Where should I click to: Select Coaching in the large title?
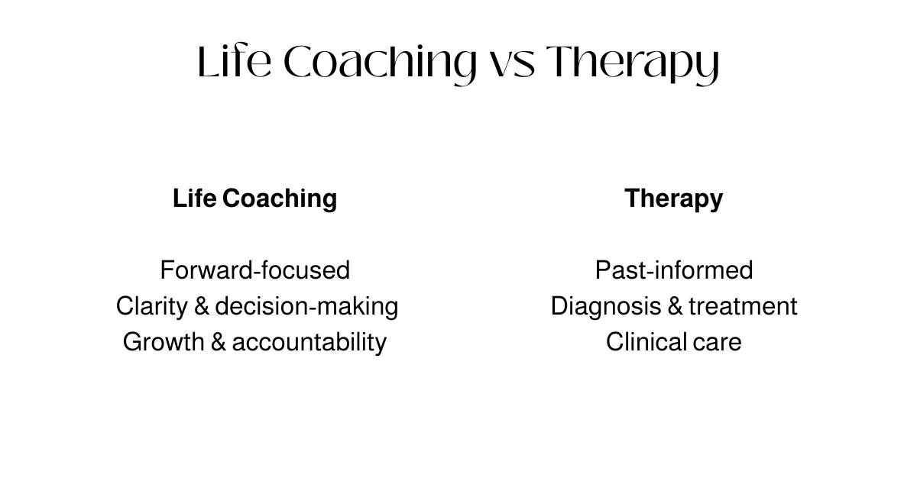coord(379,63)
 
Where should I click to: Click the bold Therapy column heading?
coord(673,199)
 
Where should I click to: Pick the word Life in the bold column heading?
coord(195,199)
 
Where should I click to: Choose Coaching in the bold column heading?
coord(280,199)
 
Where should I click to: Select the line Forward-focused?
coord(254,270)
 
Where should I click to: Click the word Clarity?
coord(151,306)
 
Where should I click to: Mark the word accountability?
coord(309,341)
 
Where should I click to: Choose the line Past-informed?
coord(673,270)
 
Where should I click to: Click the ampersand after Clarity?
coord(202,306)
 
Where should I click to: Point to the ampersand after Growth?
coord(218,341)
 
